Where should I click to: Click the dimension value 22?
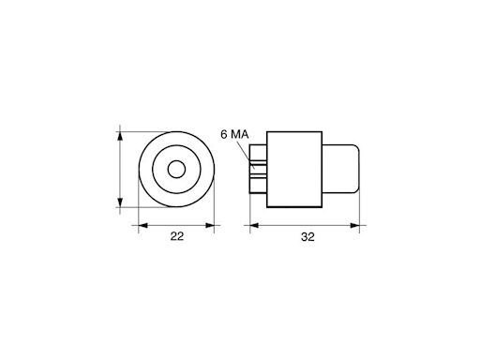tap(176, 238)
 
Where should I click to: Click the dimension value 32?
tap(307, 238)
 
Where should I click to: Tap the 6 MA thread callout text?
tap(233, 135)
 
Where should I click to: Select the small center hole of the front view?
tap(175, 170)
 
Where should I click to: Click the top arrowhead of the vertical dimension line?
tap(120, 135)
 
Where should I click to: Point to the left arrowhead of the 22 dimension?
tap(142, 225)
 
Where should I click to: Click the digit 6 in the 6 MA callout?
tap(224, 135)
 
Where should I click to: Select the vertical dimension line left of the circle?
tap(120, 170)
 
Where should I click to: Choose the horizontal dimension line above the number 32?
tap(306, 225)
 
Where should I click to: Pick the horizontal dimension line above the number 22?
tap(175, 225)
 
